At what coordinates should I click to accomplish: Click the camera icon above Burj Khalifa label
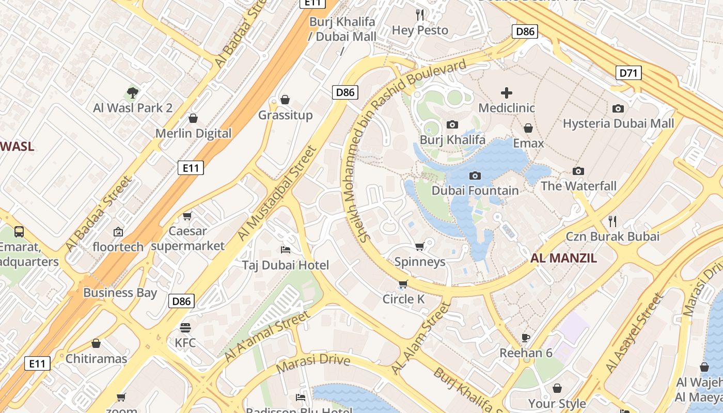coord(452,124)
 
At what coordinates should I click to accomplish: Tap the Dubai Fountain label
coord(475,190)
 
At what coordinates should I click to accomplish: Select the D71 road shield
coord(628,73)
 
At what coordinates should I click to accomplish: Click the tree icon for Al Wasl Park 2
coord(133,93)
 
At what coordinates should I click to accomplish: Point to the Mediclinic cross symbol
coord(506,93)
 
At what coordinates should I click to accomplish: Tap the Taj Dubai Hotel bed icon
coord(286,250)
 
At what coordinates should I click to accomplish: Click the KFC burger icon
coord(185,328)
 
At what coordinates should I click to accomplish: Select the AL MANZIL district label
coord(563,258)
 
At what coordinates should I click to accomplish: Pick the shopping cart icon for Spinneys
coord(419,247)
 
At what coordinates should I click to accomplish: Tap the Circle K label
coord(403,299)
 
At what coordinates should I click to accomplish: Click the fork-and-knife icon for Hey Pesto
coord(420,14)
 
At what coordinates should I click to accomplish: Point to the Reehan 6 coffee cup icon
coord(526,338)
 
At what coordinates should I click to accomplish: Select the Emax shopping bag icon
coord(528,128)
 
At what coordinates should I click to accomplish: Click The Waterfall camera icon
coord(578,171)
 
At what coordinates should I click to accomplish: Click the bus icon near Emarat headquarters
coord(19,231)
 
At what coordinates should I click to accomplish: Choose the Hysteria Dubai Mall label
coord(618,123)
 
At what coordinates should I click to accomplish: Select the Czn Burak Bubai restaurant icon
coord(612,221)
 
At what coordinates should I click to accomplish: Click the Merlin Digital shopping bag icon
coord(193,118)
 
